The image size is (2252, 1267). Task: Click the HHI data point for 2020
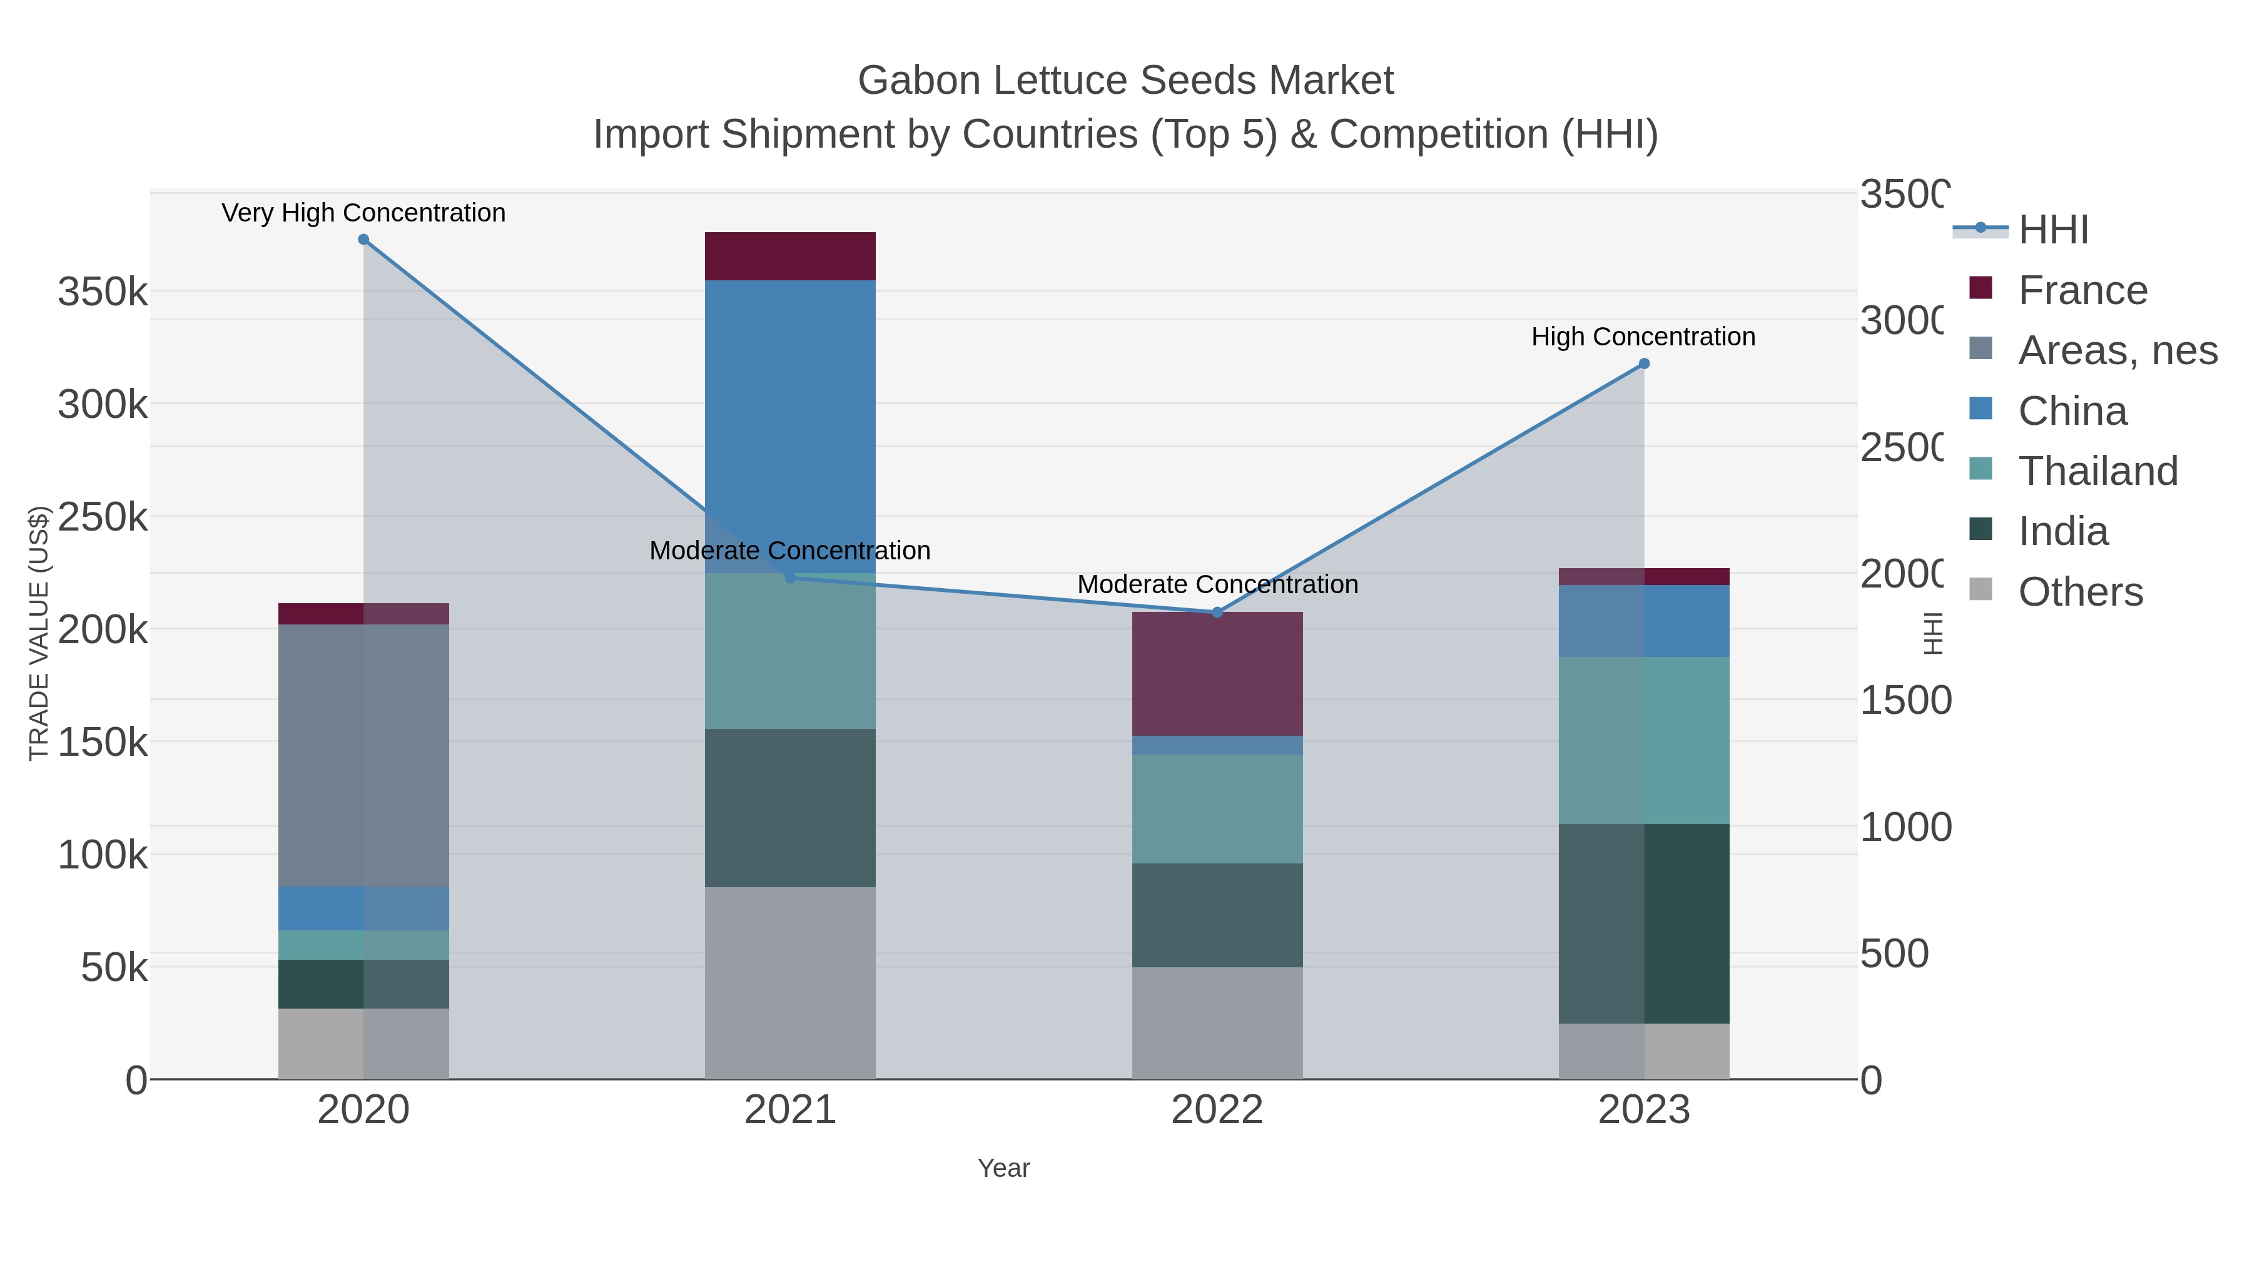tap(363, 240)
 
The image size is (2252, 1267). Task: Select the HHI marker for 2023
tap(1643, 364)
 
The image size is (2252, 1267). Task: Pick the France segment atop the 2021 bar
tap(790, 256)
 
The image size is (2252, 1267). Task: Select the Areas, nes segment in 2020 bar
tap(363, 755)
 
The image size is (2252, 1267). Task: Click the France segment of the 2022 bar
tap(1217, 674)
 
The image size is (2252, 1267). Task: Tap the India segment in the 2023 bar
tap(1643, 924)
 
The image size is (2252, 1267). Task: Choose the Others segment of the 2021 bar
tap(790, 983)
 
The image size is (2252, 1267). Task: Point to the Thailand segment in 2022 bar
tap(1217, 809)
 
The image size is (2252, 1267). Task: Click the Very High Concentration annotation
tap(363, 213)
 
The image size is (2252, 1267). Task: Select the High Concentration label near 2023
tap(1643, 337)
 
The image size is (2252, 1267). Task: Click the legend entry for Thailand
tap(2097, 471)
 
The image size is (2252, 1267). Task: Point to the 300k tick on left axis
tap(103, 405)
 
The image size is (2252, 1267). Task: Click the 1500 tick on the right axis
tap(1904, 701)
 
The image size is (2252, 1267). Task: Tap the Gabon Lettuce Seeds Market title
tap(1125, 81)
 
